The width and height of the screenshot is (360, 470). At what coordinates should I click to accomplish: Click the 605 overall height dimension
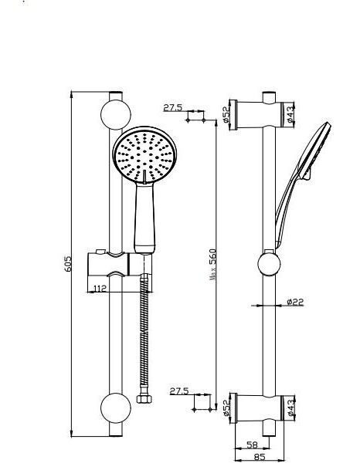69,263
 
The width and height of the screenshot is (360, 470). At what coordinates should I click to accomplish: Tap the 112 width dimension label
100,289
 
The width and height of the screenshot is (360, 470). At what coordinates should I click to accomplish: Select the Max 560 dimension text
212,265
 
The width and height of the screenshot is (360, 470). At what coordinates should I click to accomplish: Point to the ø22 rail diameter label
295,302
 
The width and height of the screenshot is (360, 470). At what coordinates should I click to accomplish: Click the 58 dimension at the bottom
253,445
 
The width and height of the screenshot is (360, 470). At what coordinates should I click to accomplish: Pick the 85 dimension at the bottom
260,457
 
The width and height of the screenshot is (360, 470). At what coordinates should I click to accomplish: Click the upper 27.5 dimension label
172,107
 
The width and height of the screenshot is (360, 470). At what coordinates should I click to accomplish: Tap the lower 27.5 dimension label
179,391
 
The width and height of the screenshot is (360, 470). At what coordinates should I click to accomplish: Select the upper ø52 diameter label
226,114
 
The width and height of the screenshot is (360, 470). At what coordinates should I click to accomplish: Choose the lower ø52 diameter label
226,408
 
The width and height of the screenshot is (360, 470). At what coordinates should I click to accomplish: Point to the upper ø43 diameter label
290,114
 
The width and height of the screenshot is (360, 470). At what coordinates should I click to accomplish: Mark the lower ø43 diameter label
290,408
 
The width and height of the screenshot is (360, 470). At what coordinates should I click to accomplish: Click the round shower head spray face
144,154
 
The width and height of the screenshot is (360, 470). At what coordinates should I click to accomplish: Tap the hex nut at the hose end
144,399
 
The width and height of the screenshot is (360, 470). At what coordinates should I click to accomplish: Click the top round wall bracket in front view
116,114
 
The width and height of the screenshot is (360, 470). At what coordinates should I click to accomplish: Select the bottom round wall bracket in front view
116,408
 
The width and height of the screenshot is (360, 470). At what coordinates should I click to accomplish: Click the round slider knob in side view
269,264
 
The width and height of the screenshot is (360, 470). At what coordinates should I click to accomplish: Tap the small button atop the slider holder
100,251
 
